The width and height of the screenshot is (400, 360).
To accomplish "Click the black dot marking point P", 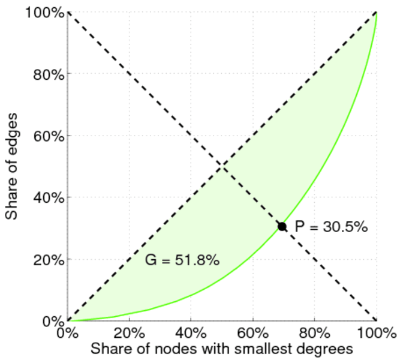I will [x=282, y=226].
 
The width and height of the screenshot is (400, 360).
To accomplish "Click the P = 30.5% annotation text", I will [x=331, y=227].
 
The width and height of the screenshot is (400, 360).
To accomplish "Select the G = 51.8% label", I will [x=182, y=260].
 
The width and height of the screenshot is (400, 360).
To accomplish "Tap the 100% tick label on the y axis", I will [x=45, y=12].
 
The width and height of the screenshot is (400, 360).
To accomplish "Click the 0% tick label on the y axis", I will [x=52, y=321].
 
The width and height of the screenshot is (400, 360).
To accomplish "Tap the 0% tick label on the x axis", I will [x=68, y=332].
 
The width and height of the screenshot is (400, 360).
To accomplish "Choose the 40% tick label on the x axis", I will [x=191, y=332].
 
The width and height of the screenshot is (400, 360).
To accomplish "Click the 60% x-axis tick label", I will [x=253, y=332].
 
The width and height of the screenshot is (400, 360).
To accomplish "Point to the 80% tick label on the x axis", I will [x=315, y=332].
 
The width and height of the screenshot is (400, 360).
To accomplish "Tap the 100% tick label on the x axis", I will [x=376, y=332].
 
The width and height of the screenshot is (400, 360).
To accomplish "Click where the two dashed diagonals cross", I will [x=222, y=166].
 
